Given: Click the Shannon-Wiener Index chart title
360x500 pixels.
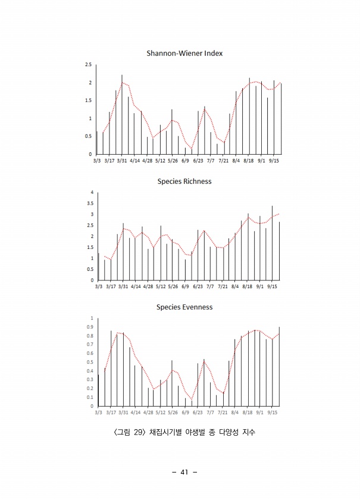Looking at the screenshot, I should [184, 54].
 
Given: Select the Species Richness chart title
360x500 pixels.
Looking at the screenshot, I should [184, 181].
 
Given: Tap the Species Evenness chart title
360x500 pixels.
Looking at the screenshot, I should [184, 307].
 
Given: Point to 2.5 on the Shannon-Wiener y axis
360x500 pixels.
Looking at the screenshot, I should [88, 64].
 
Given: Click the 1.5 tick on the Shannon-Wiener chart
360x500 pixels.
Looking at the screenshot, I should [88, 101].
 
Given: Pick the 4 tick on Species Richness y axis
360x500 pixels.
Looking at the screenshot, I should [92, 192].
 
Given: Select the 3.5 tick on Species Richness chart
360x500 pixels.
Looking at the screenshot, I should [90, 204].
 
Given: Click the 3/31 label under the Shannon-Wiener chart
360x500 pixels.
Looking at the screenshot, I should [122, 161].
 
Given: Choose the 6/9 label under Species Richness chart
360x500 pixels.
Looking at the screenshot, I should [185, 286].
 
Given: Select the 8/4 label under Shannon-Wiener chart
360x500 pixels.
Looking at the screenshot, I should [236, 161].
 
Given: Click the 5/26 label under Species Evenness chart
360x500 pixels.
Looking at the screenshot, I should [173, 412].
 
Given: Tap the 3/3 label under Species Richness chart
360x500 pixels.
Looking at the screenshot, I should [98, 286].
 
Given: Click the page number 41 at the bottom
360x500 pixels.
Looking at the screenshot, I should [184, 472].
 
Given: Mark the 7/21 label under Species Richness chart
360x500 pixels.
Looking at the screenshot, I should [223, 286].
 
